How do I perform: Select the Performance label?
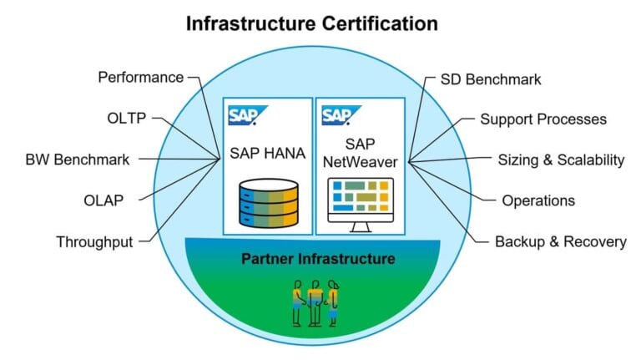pos(140,78)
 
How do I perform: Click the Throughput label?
pos(94,242)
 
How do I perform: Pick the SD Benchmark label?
pos(491,80)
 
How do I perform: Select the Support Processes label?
pos(543,119)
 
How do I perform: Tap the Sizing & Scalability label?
pos(561,160)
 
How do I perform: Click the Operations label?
pos(538,200)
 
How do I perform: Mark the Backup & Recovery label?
pos(560,242)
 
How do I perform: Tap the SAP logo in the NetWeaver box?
pos(338,114)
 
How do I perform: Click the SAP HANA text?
pos(269,154)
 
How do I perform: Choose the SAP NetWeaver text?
pos(361,153)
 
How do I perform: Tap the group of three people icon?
pos(315,302)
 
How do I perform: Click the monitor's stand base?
pos(361,231)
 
